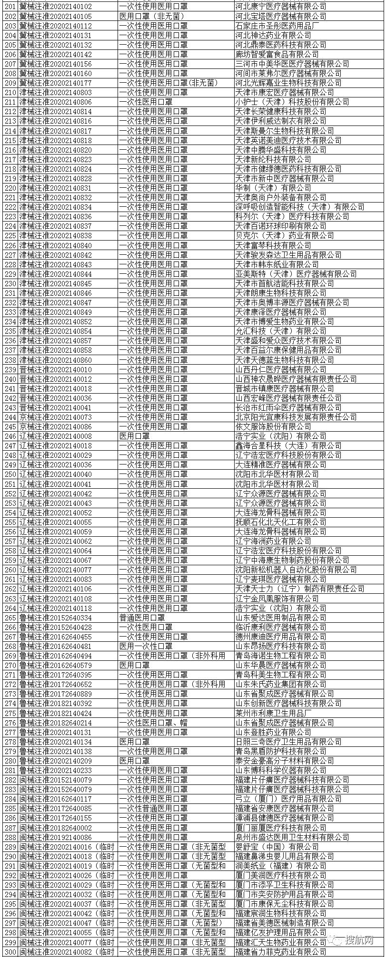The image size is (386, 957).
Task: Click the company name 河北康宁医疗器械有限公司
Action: coord(281,6)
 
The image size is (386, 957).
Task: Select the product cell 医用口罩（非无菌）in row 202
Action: coord(151,16)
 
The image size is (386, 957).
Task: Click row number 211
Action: coord(10,102)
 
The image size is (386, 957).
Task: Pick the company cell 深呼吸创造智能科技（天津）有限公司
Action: coord(300,207)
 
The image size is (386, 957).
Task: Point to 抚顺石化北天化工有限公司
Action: coord(281,522)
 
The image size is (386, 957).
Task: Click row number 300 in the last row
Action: coord(10,952)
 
